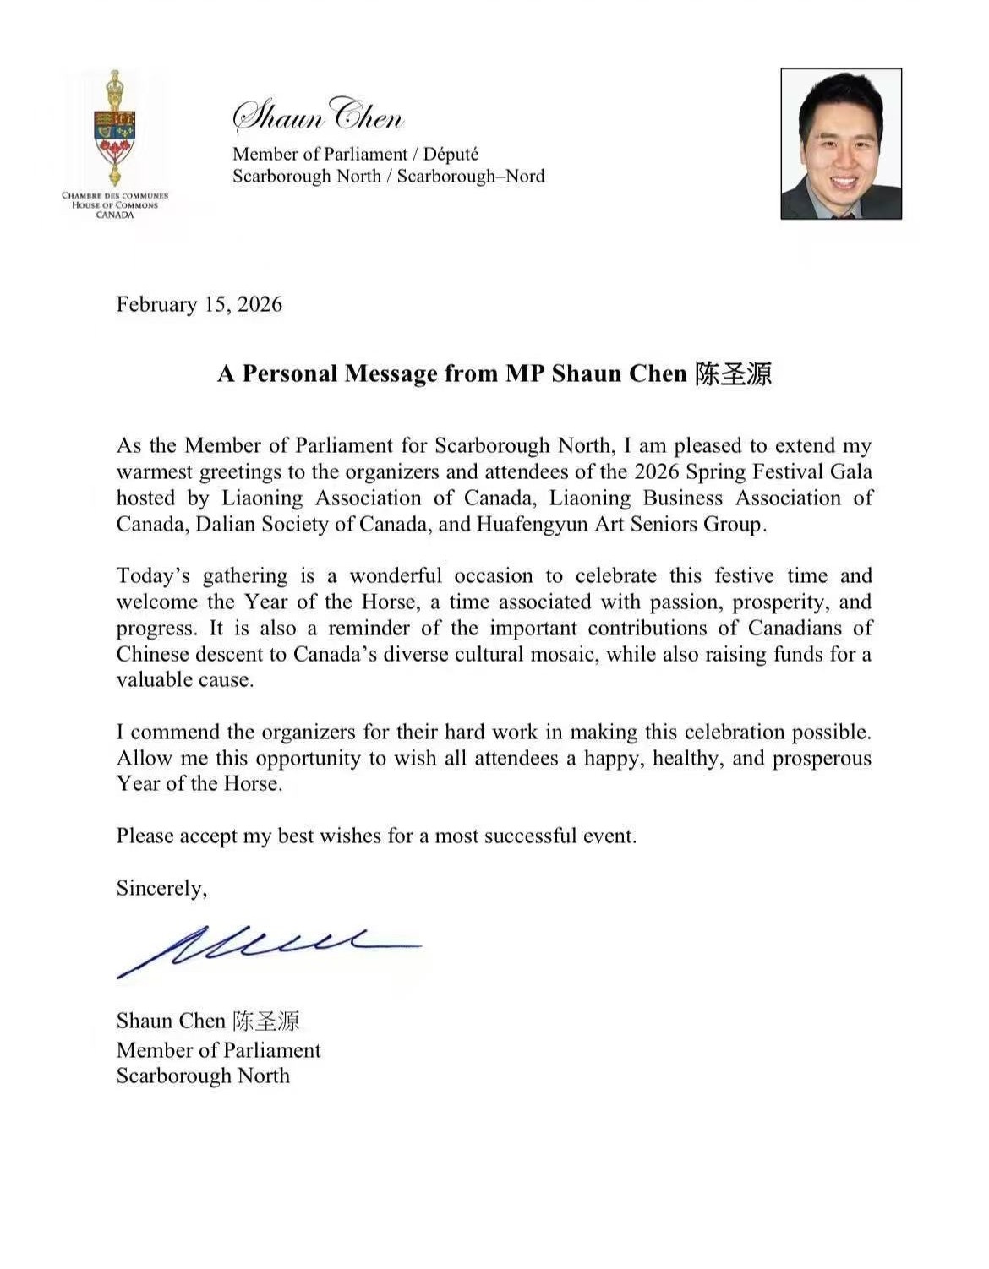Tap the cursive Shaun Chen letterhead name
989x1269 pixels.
318,115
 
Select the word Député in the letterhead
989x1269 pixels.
451,154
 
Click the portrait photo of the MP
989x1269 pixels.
841,144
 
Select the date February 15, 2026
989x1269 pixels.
199,304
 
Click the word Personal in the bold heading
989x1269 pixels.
291,373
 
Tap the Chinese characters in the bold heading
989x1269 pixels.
734,373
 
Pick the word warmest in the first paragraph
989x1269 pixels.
154,471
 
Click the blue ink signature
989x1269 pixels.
262,948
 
